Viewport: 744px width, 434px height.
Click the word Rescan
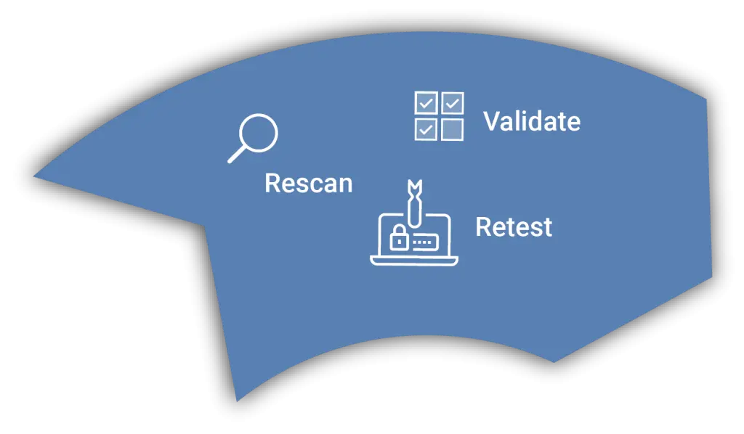pos(308,184)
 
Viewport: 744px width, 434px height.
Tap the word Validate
pos(532,121)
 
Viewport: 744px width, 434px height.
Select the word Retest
pos(514,227)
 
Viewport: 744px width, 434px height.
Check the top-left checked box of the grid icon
pos(426,103)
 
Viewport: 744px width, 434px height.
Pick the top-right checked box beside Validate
pos(453,103)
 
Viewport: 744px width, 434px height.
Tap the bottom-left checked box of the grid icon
pos(426,129)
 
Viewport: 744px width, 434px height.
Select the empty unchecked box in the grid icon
pos(453,129)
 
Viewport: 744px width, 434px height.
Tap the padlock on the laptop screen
pos(399,237)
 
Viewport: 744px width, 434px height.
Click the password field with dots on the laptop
pos(424,242)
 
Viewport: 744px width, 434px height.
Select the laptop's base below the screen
pos(414,261)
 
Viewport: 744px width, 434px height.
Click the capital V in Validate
pos(493,121)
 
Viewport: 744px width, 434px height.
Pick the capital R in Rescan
pos(273,184)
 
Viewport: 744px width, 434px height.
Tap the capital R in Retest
pos(484,227)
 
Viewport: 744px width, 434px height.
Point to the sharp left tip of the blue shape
pos(33,177)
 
